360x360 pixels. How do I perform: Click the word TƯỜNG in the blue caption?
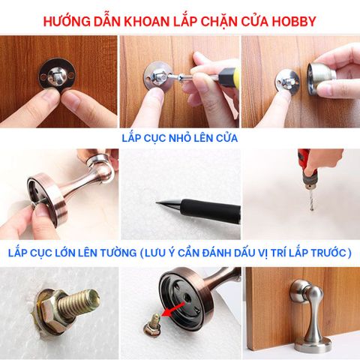(x=119, y=253)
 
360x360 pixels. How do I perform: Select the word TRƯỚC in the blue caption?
(x=323, y=253)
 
